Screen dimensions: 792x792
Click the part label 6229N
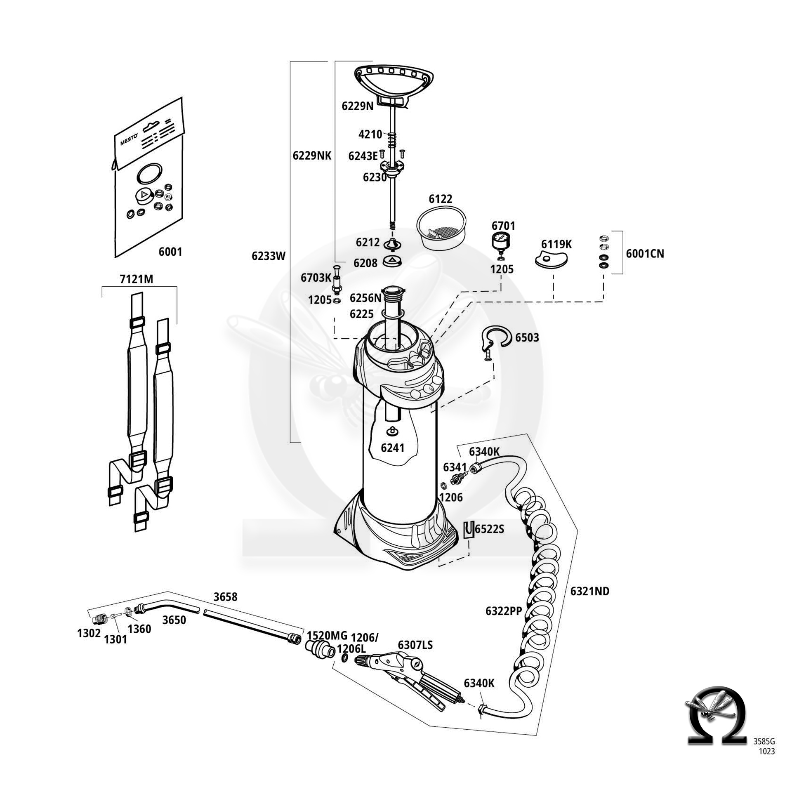coord(357,106)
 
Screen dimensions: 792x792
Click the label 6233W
coord(269,256)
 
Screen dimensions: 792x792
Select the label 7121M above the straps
coord(136,279)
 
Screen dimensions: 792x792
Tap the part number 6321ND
coord(589,591)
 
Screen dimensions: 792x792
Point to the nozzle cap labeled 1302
coord(99,618)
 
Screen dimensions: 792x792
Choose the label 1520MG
coord(327,635)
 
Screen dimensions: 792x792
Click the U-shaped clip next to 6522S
coord(468,529)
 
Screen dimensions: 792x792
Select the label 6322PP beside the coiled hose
coord(504,611)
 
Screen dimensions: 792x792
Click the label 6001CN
coord(645,254)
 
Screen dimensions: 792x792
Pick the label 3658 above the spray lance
coord(225,597)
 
